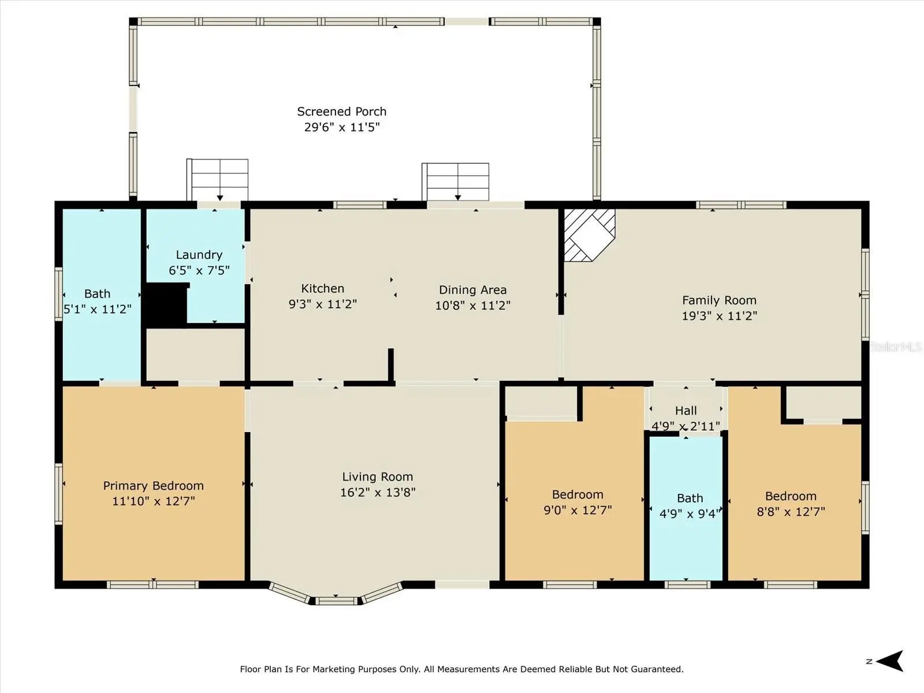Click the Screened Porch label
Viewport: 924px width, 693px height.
click(341, 111)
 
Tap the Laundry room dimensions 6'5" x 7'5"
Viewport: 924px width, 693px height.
click(199, 270)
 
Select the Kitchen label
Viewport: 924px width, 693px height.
click(322, 289)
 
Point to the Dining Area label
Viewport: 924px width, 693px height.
click(472, 290)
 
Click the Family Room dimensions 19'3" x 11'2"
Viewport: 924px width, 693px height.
click(719, 315)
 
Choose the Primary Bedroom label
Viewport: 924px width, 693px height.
click(153, 486)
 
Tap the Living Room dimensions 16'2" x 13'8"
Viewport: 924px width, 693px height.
click(378, 492)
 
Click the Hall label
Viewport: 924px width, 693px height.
click(685, 411)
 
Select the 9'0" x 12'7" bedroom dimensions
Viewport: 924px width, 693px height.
click(577, 510)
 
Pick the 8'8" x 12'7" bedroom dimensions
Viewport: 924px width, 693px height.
click(791, 512)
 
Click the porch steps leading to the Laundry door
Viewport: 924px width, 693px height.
click(217, 180)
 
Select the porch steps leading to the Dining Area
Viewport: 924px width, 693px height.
click(456, 182)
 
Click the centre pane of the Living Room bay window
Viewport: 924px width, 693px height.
click(336, 601)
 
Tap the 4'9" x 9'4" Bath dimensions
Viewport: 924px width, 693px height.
click(690, 514)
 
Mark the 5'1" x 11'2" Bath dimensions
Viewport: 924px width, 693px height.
click(97, 310)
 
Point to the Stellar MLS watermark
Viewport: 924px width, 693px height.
click(895, 346)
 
